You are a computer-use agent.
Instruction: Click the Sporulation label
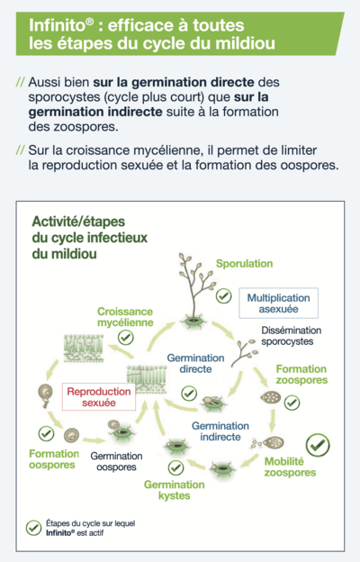point(244,264)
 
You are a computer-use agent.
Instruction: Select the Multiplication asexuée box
point(279,304)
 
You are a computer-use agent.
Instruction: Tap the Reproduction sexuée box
point(99,397)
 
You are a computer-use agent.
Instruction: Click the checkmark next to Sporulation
point(224,296)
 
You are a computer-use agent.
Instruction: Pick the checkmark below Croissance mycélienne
point(126,337)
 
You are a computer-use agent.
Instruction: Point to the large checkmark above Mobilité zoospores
point(318,445)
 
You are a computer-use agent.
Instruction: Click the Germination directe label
point(195,364)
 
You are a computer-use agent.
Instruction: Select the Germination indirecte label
point(220,431)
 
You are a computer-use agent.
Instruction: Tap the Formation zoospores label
point(301,374)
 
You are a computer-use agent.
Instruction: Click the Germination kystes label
point(174,490)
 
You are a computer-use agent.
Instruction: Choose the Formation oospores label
point(54,459)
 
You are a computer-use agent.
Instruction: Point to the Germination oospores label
point(116,461)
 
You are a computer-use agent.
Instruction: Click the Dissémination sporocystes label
point(291,335)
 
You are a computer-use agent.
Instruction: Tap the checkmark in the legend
point(33,528)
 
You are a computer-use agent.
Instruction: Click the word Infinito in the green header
point(58,25)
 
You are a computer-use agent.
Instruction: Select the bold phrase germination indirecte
point(95,112)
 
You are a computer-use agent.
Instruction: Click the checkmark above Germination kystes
point(175,467)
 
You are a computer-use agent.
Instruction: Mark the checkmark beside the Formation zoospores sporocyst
point(292,403)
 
